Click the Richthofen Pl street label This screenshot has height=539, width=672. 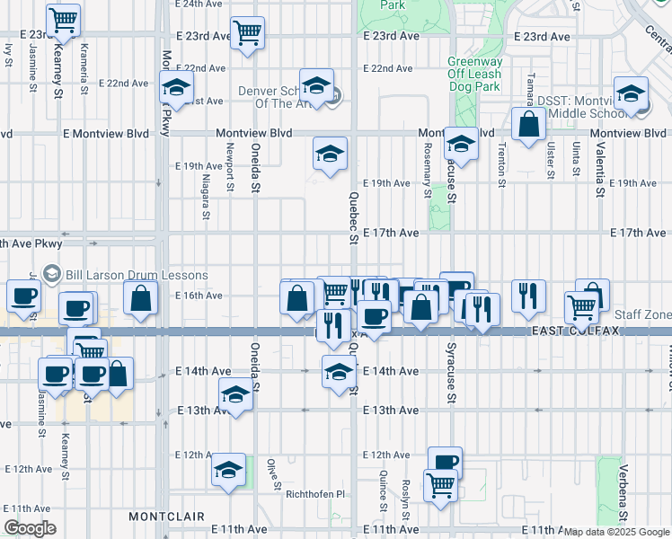click(x=314, y=493)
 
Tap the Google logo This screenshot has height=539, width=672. click(x=30, y=528)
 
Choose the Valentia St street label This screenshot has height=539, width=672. click(x=597, y=169)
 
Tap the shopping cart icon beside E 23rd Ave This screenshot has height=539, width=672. click(x=247, y=32)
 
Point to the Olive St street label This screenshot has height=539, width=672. click(x=271, y=469)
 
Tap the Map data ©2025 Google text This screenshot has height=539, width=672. click(x=617, y=532)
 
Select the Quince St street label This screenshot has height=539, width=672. click(x=384, y=491)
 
